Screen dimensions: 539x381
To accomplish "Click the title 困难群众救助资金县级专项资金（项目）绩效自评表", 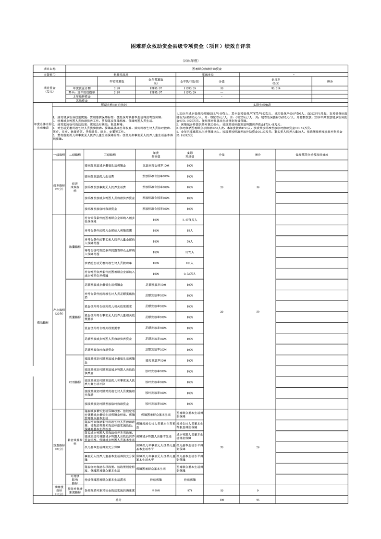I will (190, 46).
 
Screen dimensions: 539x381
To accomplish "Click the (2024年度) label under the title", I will (190, 61).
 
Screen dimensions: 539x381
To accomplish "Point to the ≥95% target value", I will (156, 490).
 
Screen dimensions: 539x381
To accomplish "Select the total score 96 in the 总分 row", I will (258, 500).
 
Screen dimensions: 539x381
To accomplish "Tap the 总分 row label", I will (118, 500).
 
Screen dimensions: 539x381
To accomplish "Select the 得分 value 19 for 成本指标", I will (258, 187).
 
